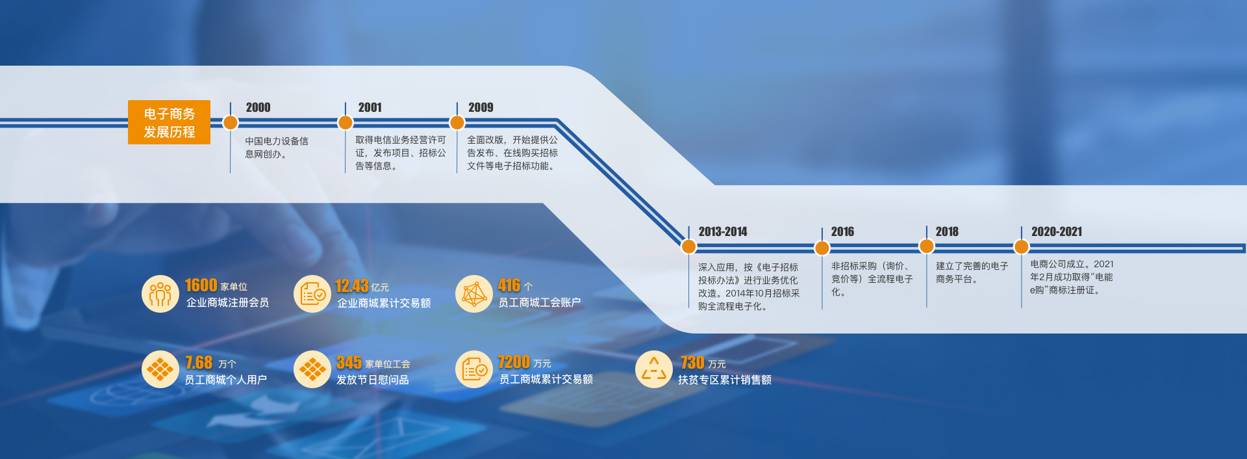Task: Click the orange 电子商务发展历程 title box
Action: pos(169,122)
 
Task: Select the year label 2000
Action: pos(258,107)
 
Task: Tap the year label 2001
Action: pos(370,107)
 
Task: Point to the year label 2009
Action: pos(481,107)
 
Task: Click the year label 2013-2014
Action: pos(723,231)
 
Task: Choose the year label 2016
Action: pos(842,231)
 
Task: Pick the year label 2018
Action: pos(947,231)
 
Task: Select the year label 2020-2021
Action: pos(1057,231)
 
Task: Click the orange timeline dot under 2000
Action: pos(231,122)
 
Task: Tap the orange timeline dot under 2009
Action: pos(457,122)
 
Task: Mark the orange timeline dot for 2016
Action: pos(822,248)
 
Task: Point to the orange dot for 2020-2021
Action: pos(1022,246)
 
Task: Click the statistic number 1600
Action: pos(201,285)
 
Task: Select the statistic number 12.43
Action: pos(352,285)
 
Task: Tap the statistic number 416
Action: pos(509,285)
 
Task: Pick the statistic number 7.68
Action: pos(199,362)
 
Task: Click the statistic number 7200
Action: pos(514,361)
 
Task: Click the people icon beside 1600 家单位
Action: pos(160,294)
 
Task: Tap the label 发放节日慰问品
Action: pos(373,380)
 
